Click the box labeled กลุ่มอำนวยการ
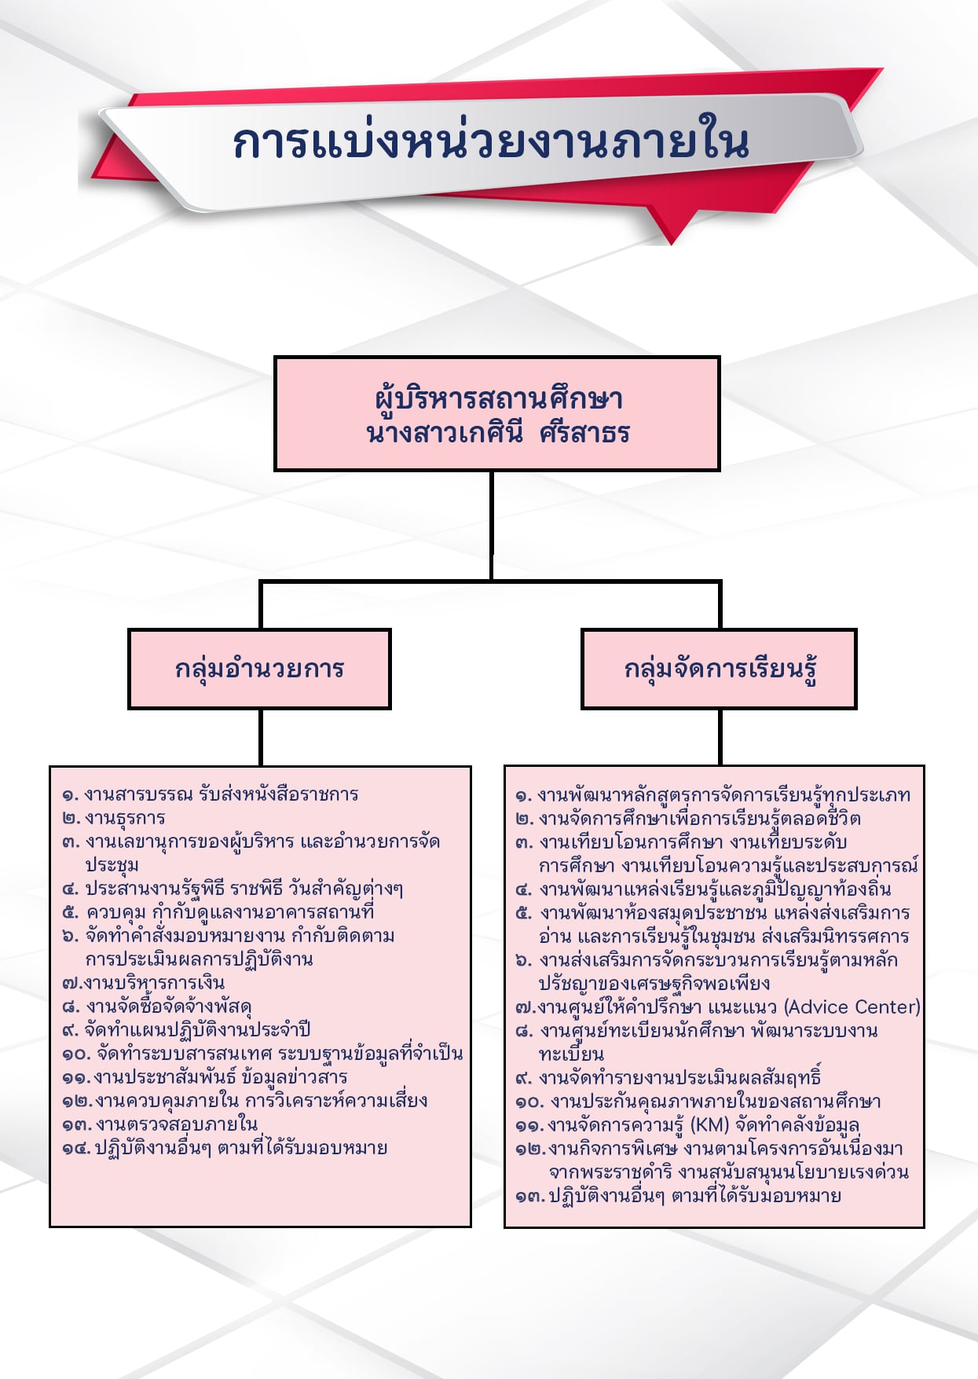(x=259, y=669)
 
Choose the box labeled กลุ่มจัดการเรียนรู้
(x=719, y=669)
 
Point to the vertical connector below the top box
(x=492, y=525)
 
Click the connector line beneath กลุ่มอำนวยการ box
(x=260, y=737)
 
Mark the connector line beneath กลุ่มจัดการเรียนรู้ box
(x=720, y=737)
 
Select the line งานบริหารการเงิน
(x=154, y=983)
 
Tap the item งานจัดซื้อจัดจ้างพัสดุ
(x=168, y=1007)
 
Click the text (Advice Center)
(x=852, y=1007)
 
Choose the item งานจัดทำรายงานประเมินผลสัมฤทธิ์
(x=679, y=1078)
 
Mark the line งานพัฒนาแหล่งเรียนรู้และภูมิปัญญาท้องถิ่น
(x=714, y=889)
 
